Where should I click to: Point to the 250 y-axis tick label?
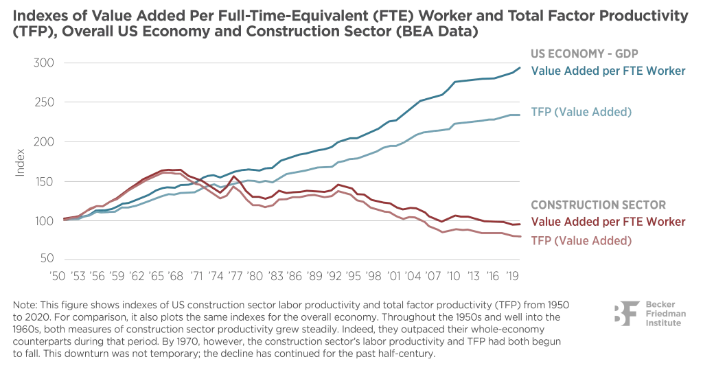tap(43, 102)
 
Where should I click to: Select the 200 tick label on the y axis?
tap(43, 141)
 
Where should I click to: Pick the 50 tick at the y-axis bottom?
tap(45, 259)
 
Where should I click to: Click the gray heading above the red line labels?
tap(597, 204)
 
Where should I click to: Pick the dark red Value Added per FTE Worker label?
tap(608, 222)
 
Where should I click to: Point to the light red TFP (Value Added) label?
tap(581, 240)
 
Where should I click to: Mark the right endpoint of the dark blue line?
tap(520, 67)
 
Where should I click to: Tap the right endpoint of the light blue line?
tap(520, 113)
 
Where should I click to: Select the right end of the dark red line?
tap(520, 223)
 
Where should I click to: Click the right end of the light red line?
tap(520, 237)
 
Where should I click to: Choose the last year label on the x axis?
tap(510, 275)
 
